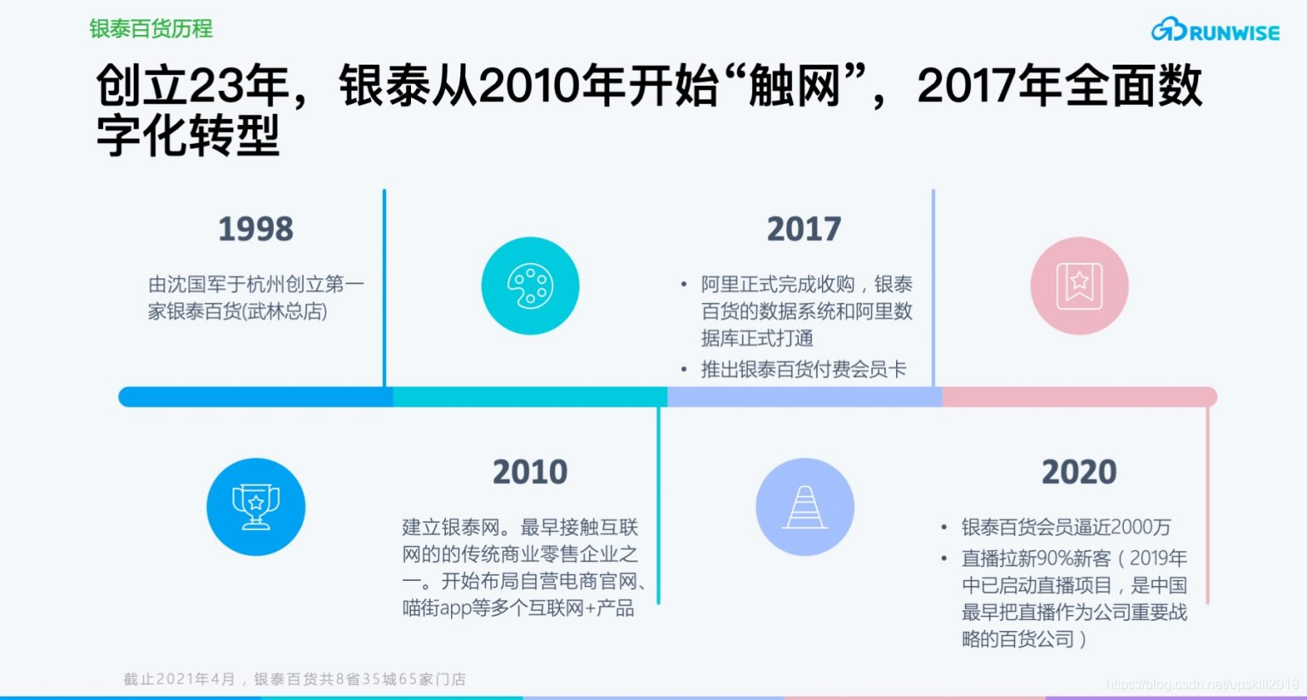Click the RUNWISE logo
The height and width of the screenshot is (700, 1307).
tap(1215, 31)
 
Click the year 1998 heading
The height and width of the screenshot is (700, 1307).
tap(255, 229)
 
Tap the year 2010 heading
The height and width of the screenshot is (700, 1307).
tap(529, 472)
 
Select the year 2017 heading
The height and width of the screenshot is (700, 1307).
tap(803, 229)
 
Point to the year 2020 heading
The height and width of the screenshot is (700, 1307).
tap(1078, 472)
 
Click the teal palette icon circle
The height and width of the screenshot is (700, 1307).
tap(529, 286)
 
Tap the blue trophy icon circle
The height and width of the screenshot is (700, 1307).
tap(255, 507)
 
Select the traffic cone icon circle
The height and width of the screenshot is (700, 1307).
tap(804, 507)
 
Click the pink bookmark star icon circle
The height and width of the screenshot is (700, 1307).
tap(1079, 286)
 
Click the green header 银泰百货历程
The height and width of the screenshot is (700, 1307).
tap(151, 29)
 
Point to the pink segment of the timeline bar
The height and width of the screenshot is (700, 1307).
tap(1079, 397)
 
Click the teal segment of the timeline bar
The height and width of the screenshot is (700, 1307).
tap(529, 397)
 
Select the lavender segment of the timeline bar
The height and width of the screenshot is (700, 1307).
tap(804, 397)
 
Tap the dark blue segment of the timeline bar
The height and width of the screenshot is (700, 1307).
tap(255, 397)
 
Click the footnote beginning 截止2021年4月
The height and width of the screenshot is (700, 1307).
tap(294, 679)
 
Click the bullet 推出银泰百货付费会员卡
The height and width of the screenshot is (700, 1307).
tap(802, 369)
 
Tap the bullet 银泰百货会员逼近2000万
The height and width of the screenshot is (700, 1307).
tap(1065, 527)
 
